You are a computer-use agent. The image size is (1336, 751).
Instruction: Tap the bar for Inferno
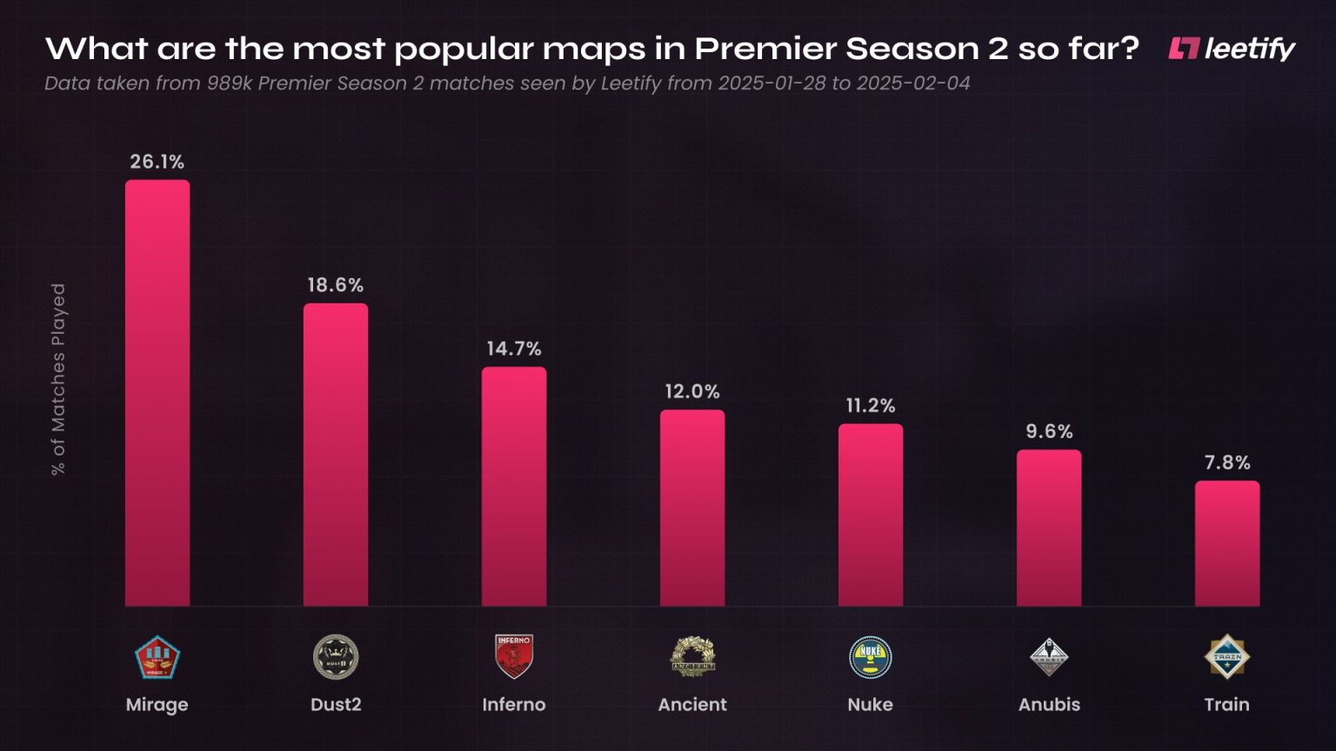514,487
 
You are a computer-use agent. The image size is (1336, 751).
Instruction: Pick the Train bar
1227,543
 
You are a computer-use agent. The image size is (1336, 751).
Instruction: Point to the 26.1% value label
157,162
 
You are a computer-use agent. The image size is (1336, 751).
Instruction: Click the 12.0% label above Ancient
692,391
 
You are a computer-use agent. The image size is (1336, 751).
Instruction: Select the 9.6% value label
1049,431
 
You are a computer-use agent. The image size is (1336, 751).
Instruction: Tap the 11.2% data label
871,405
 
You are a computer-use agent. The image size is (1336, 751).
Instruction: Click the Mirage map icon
157,657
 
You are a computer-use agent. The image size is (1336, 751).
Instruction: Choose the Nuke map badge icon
871,657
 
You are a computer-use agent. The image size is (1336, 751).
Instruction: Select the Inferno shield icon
514,656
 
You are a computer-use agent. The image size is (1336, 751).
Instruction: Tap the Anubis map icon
1049,657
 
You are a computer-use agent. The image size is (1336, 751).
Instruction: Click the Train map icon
1227,657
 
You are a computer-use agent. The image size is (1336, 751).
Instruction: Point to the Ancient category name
692,704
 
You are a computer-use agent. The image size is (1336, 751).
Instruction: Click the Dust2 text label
336,704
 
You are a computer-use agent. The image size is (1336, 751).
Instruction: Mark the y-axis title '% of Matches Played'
58,379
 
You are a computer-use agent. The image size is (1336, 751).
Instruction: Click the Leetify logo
1232,49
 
